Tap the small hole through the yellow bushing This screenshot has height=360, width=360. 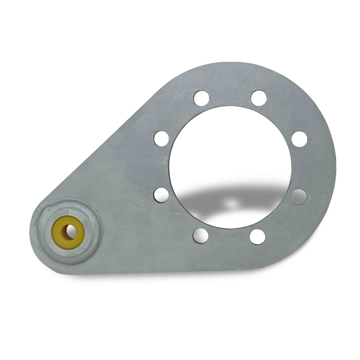click(x=70, y=232)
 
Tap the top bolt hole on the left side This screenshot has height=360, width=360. click(x=201, y=98)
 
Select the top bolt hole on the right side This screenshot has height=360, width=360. click(x=259, y=98)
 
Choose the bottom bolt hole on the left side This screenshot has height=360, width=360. click(x=200, y=236)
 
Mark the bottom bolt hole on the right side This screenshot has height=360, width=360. click(x=258, y=237)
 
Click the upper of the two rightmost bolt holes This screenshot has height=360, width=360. click(x=300, y=139)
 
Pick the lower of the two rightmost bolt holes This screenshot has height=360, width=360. click(x=299, y=197)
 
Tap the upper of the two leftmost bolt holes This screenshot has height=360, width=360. click(x=161, y=139)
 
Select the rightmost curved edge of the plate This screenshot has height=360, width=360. click(x=334, y=165)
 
